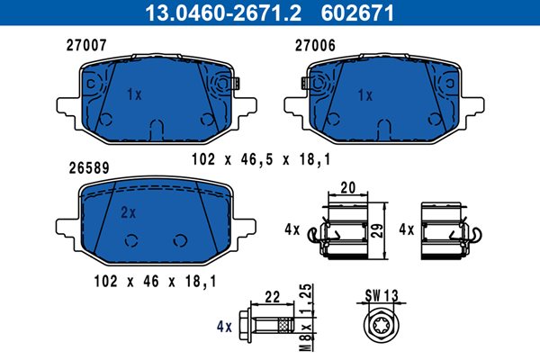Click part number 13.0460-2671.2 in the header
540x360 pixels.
coord(223,13)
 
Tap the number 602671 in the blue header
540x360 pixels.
coord(357,13)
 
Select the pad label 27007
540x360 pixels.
coord(86,45)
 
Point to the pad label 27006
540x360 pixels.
coord(315,46)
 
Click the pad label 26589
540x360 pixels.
coord(89,167)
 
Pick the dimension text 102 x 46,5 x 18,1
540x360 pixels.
coord(261,159)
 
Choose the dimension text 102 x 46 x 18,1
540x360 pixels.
coord(156,281)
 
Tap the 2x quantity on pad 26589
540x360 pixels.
coord(128,213)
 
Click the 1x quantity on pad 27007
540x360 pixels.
coord(134,94)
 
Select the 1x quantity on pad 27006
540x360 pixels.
coord(365,95)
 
